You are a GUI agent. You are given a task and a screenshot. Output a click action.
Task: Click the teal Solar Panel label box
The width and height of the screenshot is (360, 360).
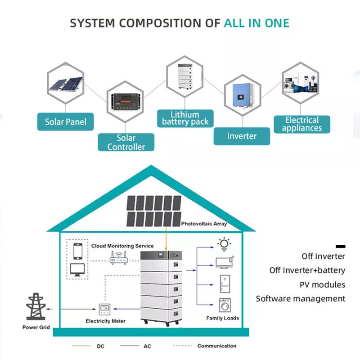coord(66,121)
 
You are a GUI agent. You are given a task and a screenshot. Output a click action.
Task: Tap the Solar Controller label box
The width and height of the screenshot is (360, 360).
coord(126,142)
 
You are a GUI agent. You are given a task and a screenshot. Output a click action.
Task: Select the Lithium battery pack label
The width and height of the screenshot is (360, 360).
coord(185,118)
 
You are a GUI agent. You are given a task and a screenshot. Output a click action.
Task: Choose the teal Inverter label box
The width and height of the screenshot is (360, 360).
coord(242,136)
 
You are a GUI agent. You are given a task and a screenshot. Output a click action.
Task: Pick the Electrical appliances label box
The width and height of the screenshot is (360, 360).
coord(302,124)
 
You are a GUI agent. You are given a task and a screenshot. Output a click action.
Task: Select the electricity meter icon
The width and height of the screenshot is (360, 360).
coord(105,309)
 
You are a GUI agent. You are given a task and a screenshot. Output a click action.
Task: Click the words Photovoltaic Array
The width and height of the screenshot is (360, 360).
coord(204,224)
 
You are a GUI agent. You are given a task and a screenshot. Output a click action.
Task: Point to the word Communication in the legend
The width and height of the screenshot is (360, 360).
coord(216,346)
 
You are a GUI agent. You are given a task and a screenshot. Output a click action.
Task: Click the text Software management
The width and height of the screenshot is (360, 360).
coord(301,298)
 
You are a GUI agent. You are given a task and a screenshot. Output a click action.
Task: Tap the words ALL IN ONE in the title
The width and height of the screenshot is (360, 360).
coord(256,23)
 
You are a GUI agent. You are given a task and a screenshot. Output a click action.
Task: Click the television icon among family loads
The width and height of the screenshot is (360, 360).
coord(224,262)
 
